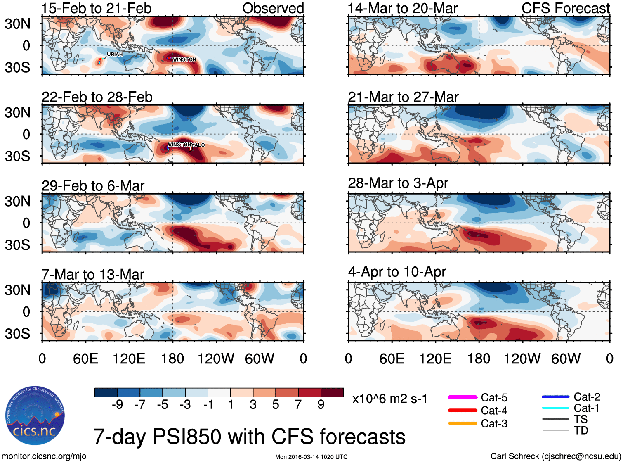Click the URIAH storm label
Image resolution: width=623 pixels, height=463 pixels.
[115, 54]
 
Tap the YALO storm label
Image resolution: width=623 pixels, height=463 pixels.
[198, 145]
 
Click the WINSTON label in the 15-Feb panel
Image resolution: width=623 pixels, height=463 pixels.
[184, 59]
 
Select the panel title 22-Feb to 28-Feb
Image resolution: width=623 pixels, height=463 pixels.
[97, 97]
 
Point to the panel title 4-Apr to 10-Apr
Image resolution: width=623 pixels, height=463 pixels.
[397, 272]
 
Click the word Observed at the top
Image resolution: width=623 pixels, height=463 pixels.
[273, 8]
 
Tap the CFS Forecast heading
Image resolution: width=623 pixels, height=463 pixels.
[565, 8]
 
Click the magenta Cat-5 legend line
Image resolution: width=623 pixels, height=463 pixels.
[463, 397]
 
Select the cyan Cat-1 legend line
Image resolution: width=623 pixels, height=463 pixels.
[555, 408]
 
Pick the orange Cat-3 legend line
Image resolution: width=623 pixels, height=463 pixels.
[463, 423]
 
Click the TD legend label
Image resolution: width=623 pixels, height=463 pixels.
[581, 430]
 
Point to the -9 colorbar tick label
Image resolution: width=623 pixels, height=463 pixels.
[117, 404]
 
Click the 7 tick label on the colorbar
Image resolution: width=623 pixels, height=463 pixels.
[298, 404]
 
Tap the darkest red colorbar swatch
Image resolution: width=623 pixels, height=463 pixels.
[332, 392]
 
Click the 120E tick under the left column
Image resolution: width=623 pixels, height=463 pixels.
[129, 359]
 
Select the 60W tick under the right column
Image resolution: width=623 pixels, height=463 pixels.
[566, 359]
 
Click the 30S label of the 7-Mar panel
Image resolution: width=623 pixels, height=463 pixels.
[17, 333]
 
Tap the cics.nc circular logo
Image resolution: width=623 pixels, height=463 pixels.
[35, 416]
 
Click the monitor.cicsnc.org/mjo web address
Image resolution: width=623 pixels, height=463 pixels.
[44, 456]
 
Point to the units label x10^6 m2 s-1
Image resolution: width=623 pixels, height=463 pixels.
[389, 399]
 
